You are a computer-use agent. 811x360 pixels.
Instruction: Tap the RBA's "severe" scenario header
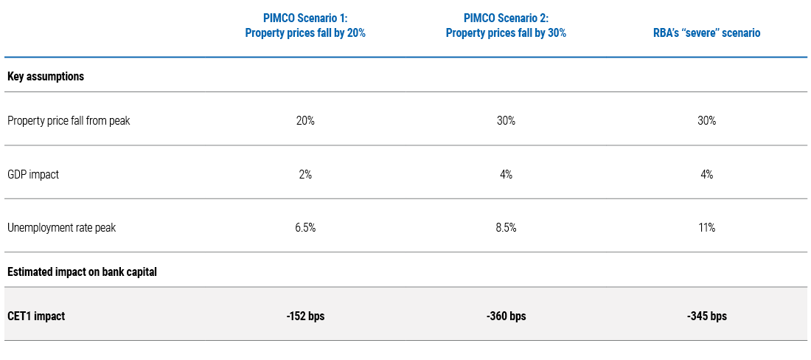[x=706, y=33]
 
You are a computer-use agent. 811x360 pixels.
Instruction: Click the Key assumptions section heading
[x=46, y=76]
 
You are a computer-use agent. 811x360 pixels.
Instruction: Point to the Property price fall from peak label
[x=69, y=120]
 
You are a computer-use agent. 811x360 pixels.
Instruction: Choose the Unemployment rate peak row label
[x=61, y=227]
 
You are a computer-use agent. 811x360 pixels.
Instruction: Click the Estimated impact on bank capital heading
[x=82, y=271]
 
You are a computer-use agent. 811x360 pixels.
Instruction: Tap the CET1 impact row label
[x=36, y=316]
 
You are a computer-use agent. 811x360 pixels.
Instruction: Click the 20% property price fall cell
[x=305, y=120]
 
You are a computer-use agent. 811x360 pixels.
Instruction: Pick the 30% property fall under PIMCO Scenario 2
[x=506, y=120]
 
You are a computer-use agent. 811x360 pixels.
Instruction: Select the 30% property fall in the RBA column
[x=706, y=120]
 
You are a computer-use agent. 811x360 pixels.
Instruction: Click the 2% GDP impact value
[x=305, y=174]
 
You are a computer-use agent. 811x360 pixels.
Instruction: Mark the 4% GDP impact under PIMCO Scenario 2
[x=506, y=174]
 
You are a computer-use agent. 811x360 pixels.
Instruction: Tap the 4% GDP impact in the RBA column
[x=706, y=174]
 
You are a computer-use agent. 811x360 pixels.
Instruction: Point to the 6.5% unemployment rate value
[x=305, y=227]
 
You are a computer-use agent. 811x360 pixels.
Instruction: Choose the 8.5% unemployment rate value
[x=506, y=227]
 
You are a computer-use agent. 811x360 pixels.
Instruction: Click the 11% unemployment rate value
[x=706, y=227]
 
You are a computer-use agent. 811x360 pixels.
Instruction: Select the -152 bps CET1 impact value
[x=305, y=316]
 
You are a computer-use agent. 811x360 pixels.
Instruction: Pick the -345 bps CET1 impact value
[x=706, y=316]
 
